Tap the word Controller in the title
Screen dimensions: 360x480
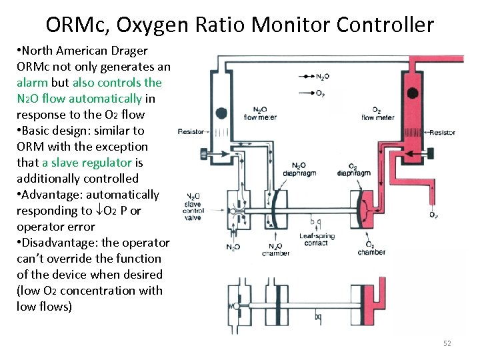coord(385,25)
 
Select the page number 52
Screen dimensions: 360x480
coord(447,343)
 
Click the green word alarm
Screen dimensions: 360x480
coord(32,83)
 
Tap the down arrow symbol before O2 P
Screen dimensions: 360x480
coord(99,211)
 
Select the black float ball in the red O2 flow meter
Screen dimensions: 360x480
coord(413,92)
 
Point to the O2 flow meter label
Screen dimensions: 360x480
coord(377,114)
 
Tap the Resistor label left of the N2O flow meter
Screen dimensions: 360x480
coord(191,132)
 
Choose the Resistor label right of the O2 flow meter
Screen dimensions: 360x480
coord(442,132)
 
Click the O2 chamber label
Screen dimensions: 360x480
coord(371,248)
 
